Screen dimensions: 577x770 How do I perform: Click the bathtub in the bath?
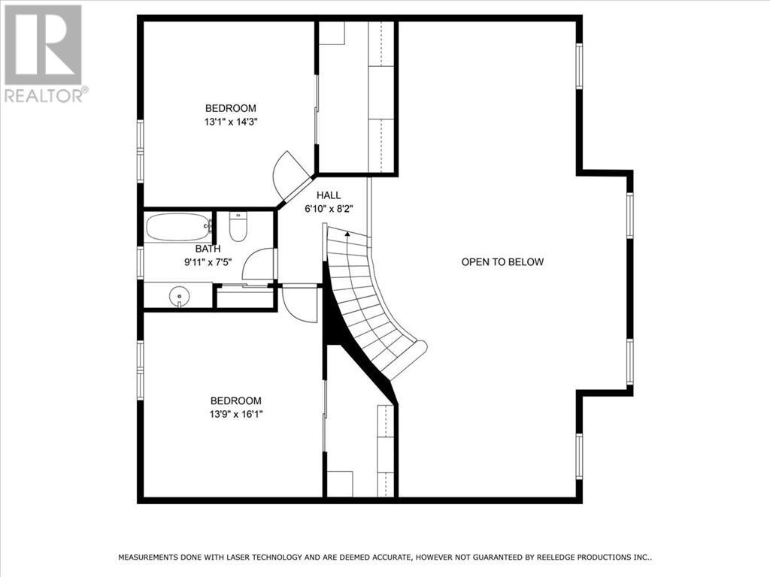point(178,227)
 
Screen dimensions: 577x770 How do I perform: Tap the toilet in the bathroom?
point(238,227)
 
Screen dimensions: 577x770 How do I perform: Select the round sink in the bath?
point(180,296)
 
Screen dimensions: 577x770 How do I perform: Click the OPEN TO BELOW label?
point(502,262)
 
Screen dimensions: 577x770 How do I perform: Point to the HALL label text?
point(329,195)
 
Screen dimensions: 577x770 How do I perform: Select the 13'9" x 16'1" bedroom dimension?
point(235,414)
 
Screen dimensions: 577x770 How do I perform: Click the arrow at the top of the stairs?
point(347,234)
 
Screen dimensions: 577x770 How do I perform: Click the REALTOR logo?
point(44,53)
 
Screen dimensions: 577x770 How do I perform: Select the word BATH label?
point(208,249)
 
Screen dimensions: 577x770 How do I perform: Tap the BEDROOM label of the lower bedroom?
point(235,401)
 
